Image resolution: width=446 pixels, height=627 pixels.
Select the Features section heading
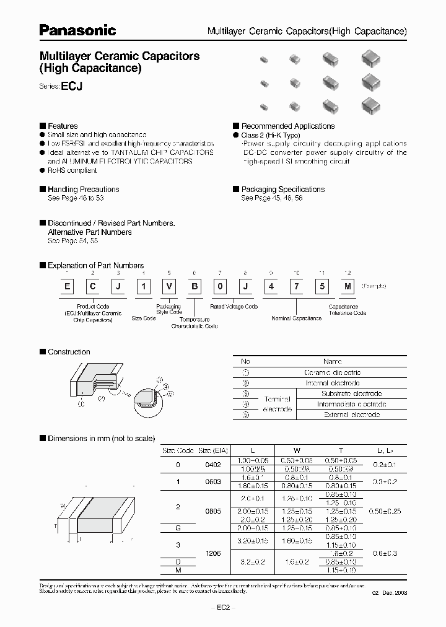click(63, 126)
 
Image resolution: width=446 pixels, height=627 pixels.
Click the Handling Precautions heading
click(83, 190)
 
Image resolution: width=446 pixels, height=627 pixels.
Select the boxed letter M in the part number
click(348, 286)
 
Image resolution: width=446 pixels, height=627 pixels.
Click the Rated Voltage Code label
click(234, 307)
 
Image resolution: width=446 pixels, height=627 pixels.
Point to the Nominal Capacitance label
click(297, 318)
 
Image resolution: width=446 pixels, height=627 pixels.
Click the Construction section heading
click(69, 352)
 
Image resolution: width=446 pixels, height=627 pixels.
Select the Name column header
click(333, 361)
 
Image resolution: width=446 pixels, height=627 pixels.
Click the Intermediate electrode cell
click(352, 404)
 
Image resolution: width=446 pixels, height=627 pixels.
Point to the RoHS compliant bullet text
click(72, 170)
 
